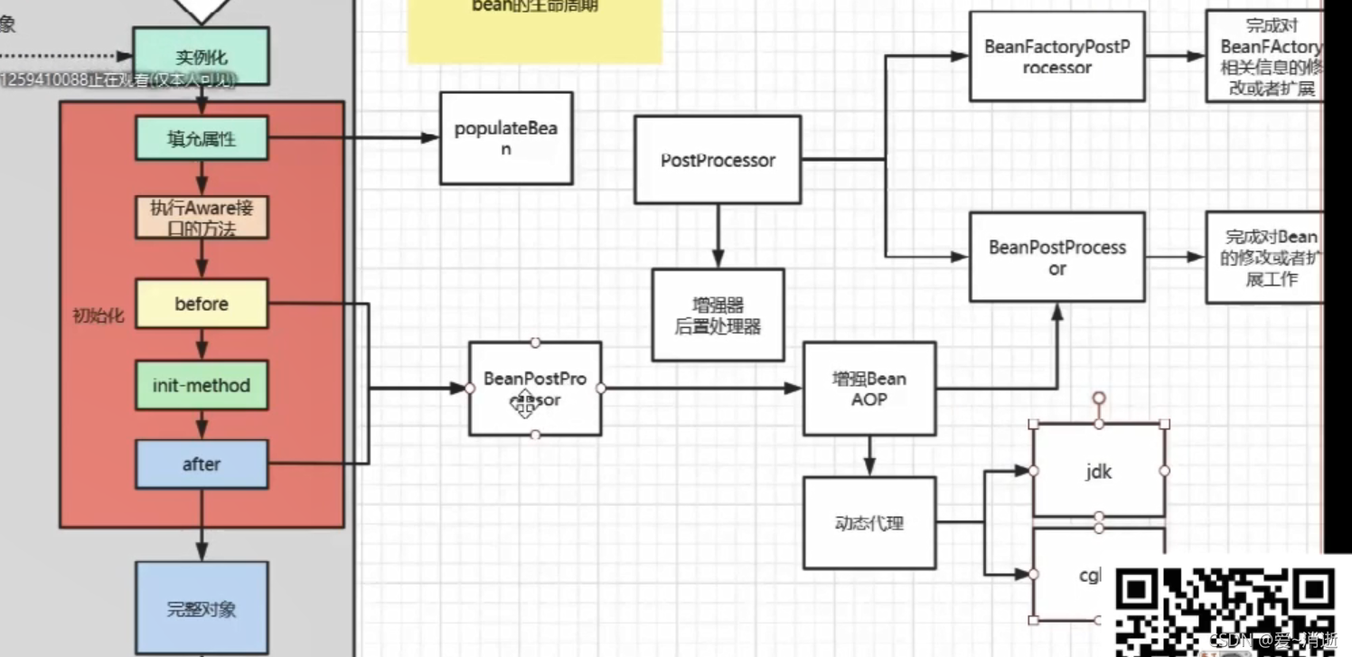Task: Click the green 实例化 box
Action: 201,56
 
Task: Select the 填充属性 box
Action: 202,138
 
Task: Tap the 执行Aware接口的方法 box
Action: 202,218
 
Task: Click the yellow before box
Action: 202,304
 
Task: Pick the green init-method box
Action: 202,386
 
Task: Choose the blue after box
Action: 202,465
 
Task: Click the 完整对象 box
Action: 202,607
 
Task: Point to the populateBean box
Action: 506,138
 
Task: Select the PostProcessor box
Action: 718,160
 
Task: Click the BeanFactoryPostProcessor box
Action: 1056,56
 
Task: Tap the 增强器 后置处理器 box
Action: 718,315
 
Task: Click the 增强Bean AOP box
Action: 869,389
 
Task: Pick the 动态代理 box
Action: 869,523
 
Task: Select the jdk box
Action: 1099,472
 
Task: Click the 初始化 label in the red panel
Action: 99,316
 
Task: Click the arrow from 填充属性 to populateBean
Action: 352,138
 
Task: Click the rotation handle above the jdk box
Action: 1099,398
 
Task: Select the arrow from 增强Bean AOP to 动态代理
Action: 869,455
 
